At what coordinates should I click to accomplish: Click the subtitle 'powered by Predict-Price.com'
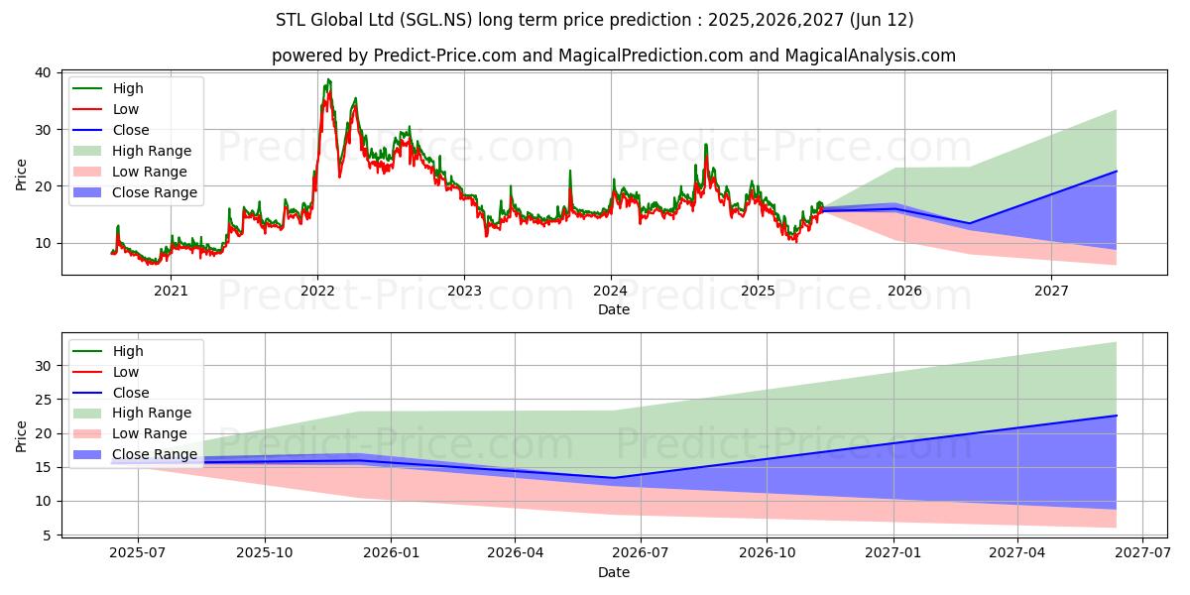[x=614, y=56]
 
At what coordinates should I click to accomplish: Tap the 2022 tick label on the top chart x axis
[x=317, y=291]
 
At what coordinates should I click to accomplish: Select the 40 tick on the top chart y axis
[x=43, y=72]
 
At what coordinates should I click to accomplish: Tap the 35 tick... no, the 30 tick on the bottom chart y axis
[x=43, y=366]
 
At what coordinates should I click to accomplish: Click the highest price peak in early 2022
[x=328, y=79]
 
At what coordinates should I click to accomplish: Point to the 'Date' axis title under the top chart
[x=614, y=309]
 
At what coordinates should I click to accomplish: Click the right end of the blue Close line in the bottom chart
[x=1117, y=416]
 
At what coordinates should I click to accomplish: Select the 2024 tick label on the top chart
[x=611, y=291]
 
